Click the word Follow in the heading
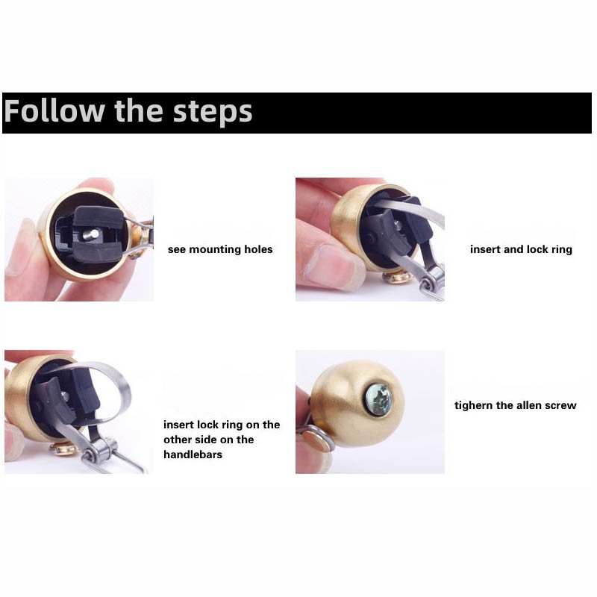[54, 110]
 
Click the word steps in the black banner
[213, 113]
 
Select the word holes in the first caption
[258, 249]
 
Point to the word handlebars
[193, 454]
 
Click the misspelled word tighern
[473, 405]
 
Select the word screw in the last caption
[561, 406]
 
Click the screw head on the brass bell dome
[378, 398]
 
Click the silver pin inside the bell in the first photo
[91, 234]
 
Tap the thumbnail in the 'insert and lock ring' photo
[331, 263]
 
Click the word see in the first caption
[177, 250]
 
